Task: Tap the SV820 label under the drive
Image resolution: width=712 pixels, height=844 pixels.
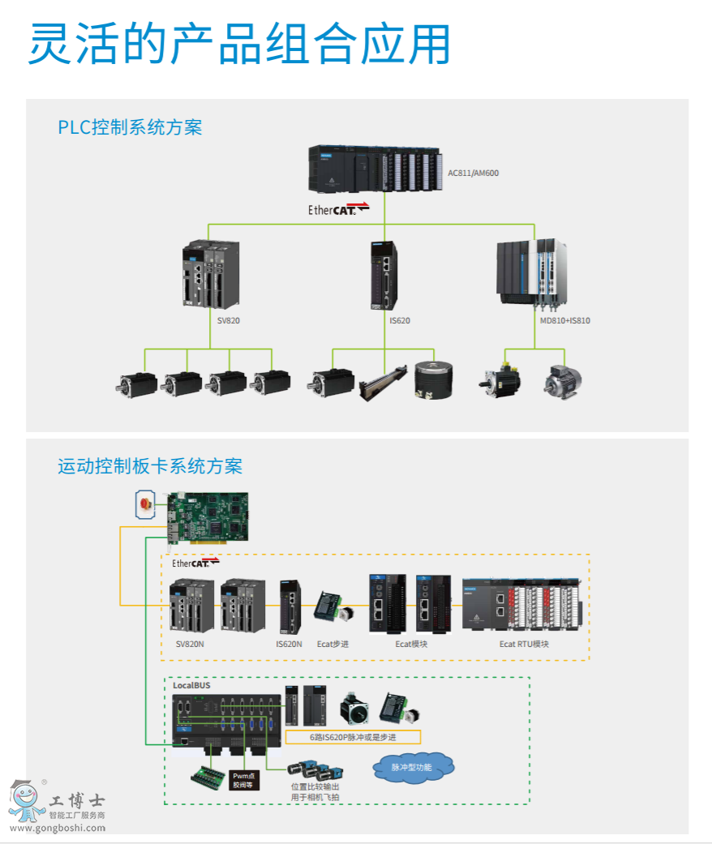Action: [x=229, y=320]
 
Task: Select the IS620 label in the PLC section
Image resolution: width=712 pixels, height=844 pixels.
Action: [x=400, y=320]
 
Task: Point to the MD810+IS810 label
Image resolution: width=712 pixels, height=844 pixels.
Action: [x=565, y=320]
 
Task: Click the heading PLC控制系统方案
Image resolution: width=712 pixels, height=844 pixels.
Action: [x=130, y=127]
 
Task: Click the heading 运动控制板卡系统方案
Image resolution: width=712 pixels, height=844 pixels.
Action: [x=150, y=466]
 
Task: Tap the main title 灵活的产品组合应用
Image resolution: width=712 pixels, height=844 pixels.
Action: [x=239, y=45]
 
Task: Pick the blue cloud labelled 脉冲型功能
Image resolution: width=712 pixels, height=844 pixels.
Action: [x=412, y=767]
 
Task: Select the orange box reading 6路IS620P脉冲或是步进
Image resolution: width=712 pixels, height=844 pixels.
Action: [x=353, y=738]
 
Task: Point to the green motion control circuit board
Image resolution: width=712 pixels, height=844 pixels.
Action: [x=208, y=516]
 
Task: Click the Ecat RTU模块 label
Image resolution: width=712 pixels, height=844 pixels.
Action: [x=524, y=644]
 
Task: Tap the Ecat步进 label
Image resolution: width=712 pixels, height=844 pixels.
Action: [x=332, y=644]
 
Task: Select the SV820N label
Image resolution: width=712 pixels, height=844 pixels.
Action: [x=191, y=644]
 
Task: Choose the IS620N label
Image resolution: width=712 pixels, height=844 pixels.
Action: [x=289, y=644]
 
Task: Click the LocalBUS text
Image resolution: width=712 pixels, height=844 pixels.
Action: [x=191, y=686]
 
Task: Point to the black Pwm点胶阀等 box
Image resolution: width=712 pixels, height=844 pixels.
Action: [x=244, y=780]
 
